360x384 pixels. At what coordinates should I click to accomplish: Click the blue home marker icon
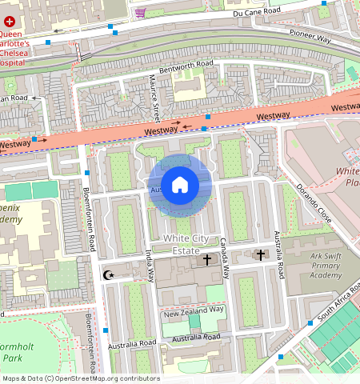point(180,186)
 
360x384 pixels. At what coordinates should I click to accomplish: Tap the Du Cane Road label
point(257,13)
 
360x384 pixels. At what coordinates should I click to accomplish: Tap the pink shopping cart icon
point(141,13)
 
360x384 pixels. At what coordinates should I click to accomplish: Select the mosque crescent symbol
point(110,275)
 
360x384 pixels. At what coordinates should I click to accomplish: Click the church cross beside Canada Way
point(207,260)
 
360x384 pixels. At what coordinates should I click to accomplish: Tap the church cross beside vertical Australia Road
point(259,255)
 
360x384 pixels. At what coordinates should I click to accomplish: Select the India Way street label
point(149,264)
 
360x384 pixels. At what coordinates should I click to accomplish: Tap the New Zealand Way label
point(194,310)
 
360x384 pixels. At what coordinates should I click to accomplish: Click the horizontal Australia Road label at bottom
point(132,343)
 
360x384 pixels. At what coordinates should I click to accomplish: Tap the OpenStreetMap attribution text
point(80,378)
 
